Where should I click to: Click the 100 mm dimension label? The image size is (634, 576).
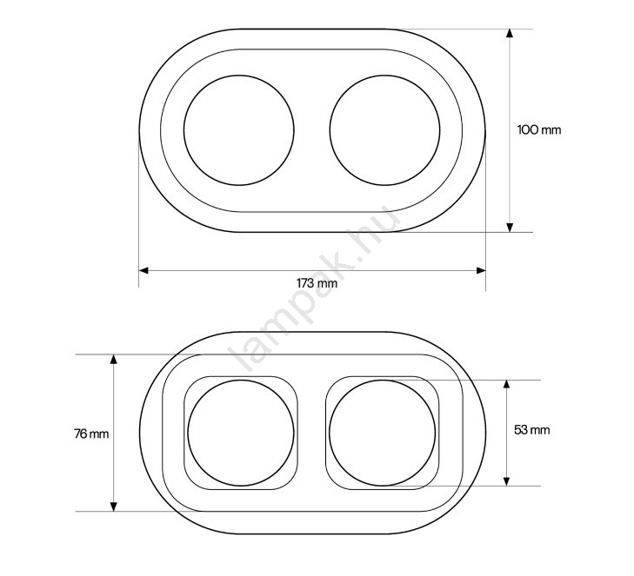(x=539, y=130)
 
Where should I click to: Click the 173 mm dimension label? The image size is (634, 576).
(x=317, y=282)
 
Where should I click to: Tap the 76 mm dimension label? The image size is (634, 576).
(x=91, y=434)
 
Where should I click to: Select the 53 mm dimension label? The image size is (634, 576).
(x=531, y=430)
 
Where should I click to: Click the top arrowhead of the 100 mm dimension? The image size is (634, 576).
(x=510, y=33)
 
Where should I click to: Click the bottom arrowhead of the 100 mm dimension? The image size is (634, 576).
(x=510, y=228)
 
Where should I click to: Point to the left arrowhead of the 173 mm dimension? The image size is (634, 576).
(x=143, y=270)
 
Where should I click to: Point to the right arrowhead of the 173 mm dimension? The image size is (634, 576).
(x=481, y=270)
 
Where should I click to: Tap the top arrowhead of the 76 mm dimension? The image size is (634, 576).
(x=114, y=359)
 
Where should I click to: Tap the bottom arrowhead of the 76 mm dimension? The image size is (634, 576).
(x=114, y=506)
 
